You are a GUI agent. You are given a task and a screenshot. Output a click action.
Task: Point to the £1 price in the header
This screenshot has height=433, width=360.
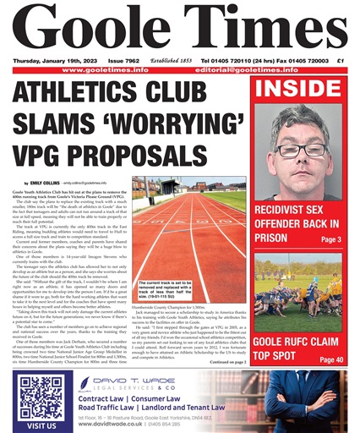pyautogui.click(x=340, y=60)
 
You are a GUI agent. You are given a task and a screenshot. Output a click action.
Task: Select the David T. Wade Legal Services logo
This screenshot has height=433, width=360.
pyautogui.click(x=123, y=386)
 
